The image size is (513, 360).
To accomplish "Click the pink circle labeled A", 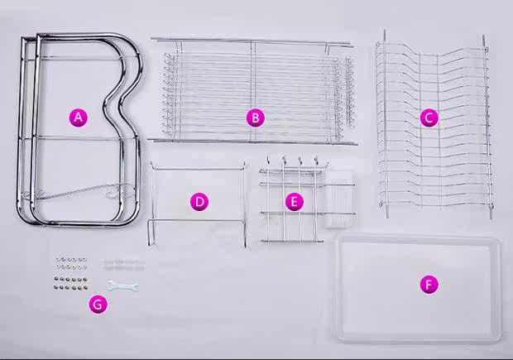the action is [x=78, y=118].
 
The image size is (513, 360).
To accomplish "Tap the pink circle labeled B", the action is [x=256, y=118].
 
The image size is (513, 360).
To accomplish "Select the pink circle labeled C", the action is [x=428, y=118].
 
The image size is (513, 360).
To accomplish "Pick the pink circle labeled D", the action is [x=199, y=201].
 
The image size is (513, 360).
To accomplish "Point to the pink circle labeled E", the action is [x=294, y=201].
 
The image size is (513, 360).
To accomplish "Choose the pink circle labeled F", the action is [x=428, y=285].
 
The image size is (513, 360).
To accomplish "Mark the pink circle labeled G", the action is [x=98, y=305].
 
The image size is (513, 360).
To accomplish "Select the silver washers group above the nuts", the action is [x=70, y=263].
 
